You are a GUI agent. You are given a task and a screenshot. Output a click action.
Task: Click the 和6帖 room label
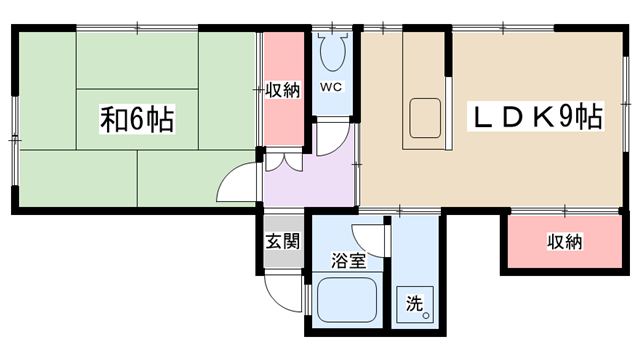point(137,119)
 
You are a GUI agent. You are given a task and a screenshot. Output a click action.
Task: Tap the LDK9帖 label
point(536,116)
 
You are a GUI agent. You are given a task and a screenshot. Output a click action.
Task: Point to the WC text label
point(331,87)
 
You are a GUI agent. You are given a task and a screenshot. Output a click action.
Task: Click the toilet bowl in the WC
point(333,52)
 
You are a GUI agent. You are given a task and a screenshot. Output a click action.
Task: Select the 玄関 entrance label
point(283,241)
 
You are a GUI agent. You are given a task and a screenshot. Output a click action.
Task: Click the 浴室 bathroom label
point(349,260)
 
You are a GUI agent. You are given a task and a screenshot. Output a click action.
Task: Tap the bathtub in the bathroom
point(347,300)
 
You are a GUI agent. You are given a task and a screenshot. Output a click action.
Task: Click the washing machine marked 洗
point(414,304)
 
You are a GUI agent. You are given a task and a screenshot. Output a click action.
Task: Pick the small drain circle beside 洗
point(426,316)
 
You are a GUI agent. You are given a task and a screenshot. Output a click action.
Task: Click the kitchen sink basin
point(425,118)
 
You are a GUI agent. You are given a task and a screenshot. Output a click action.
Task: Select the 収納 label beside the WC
point(283,90)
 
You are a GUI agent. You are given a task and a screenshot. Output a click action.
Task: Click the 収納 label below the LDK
point(564,242)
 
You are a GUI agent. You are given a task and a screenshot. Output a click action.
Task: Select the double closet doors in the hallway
point(284,162)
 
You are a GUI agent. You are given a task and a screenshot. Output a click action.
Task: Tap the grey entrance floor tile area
point(283,241)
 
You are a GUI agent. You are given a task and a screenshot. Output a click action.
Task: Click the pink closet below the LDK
point(564,242)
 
